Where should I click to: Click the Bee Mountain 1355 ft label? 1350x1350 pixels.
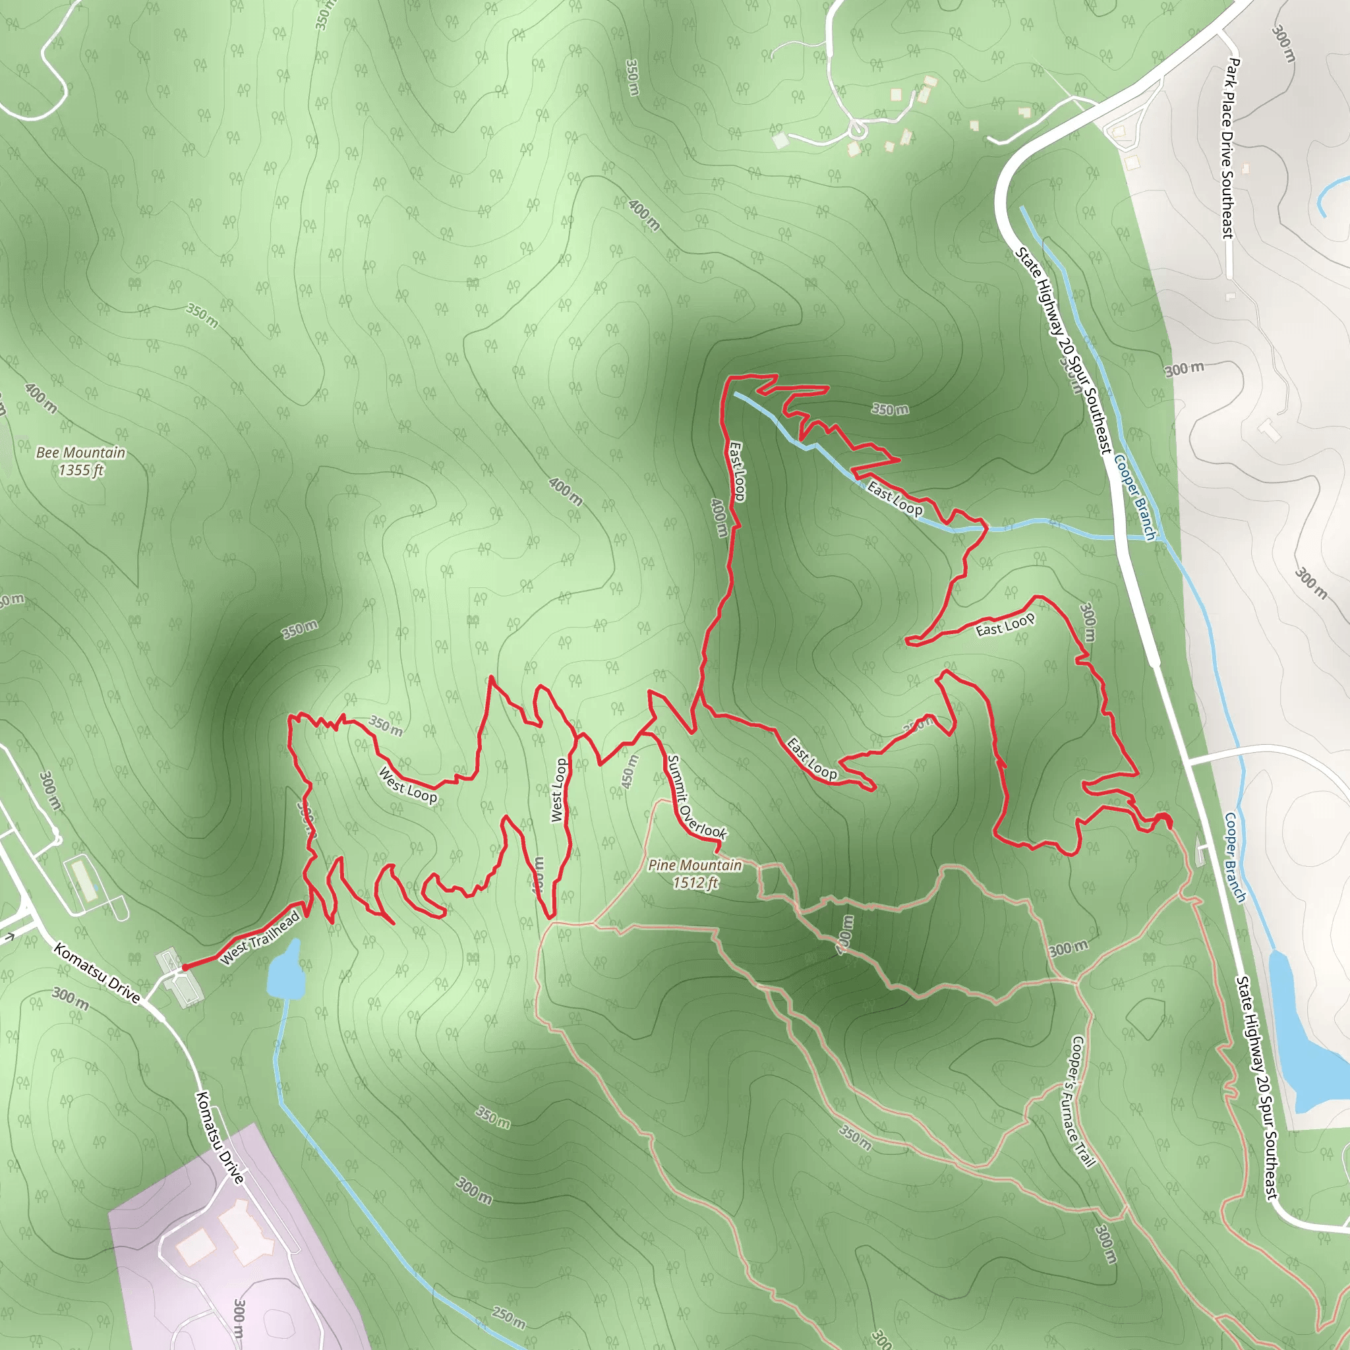coord(81,461)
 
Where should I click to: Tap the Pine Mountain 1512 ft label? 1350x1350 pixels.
coord(695,873)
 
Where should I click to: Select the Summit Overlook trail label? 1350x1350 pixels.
coord(696,796)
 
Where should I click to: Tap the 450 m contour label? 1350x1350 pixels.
coord(630,771)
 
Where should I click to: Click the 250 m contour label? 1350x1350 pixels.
coord(508,1317)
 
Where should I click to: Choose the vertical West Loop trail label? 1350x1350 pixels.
coord(558,790)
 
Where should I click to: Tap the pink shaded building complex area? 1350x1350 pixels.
coord(231,1250)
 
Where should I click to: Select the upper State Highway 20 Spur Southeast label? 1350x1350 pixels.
coord(1062,349)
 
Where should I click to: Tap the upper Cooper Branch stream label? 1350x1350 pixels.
coord(1134,497)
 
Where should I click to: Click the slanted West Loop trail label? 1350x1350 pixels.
coord(407,784)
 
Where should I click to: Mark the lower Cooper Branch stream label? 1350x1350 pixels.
coord(1235,857)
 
